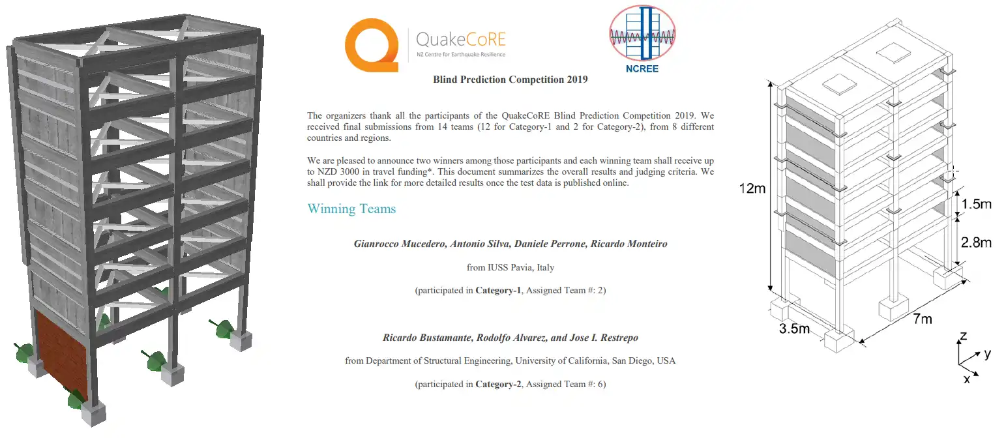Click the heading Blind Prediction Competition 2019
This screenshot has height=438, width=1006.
coord(510,80)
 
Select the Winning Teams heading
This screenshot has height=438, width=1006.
coord(351,209)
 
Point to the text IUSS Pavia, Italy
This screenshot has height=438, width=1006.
coord(522,267)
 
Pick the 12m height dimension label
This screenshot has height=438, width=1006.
coord(752,190)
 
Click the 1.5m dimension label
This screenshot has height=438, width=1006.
coord(975,205)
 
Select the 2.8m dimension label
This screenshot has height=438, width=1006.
coord(975,242)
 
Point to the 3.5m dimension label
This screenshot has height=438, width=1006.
coord(794,328)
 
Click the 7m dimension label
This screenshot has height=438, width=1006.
coord(921,319)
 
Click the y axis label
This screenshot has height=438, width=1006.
coord(987,353)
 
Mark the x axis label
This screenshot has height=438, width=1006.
coord(966,379)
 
